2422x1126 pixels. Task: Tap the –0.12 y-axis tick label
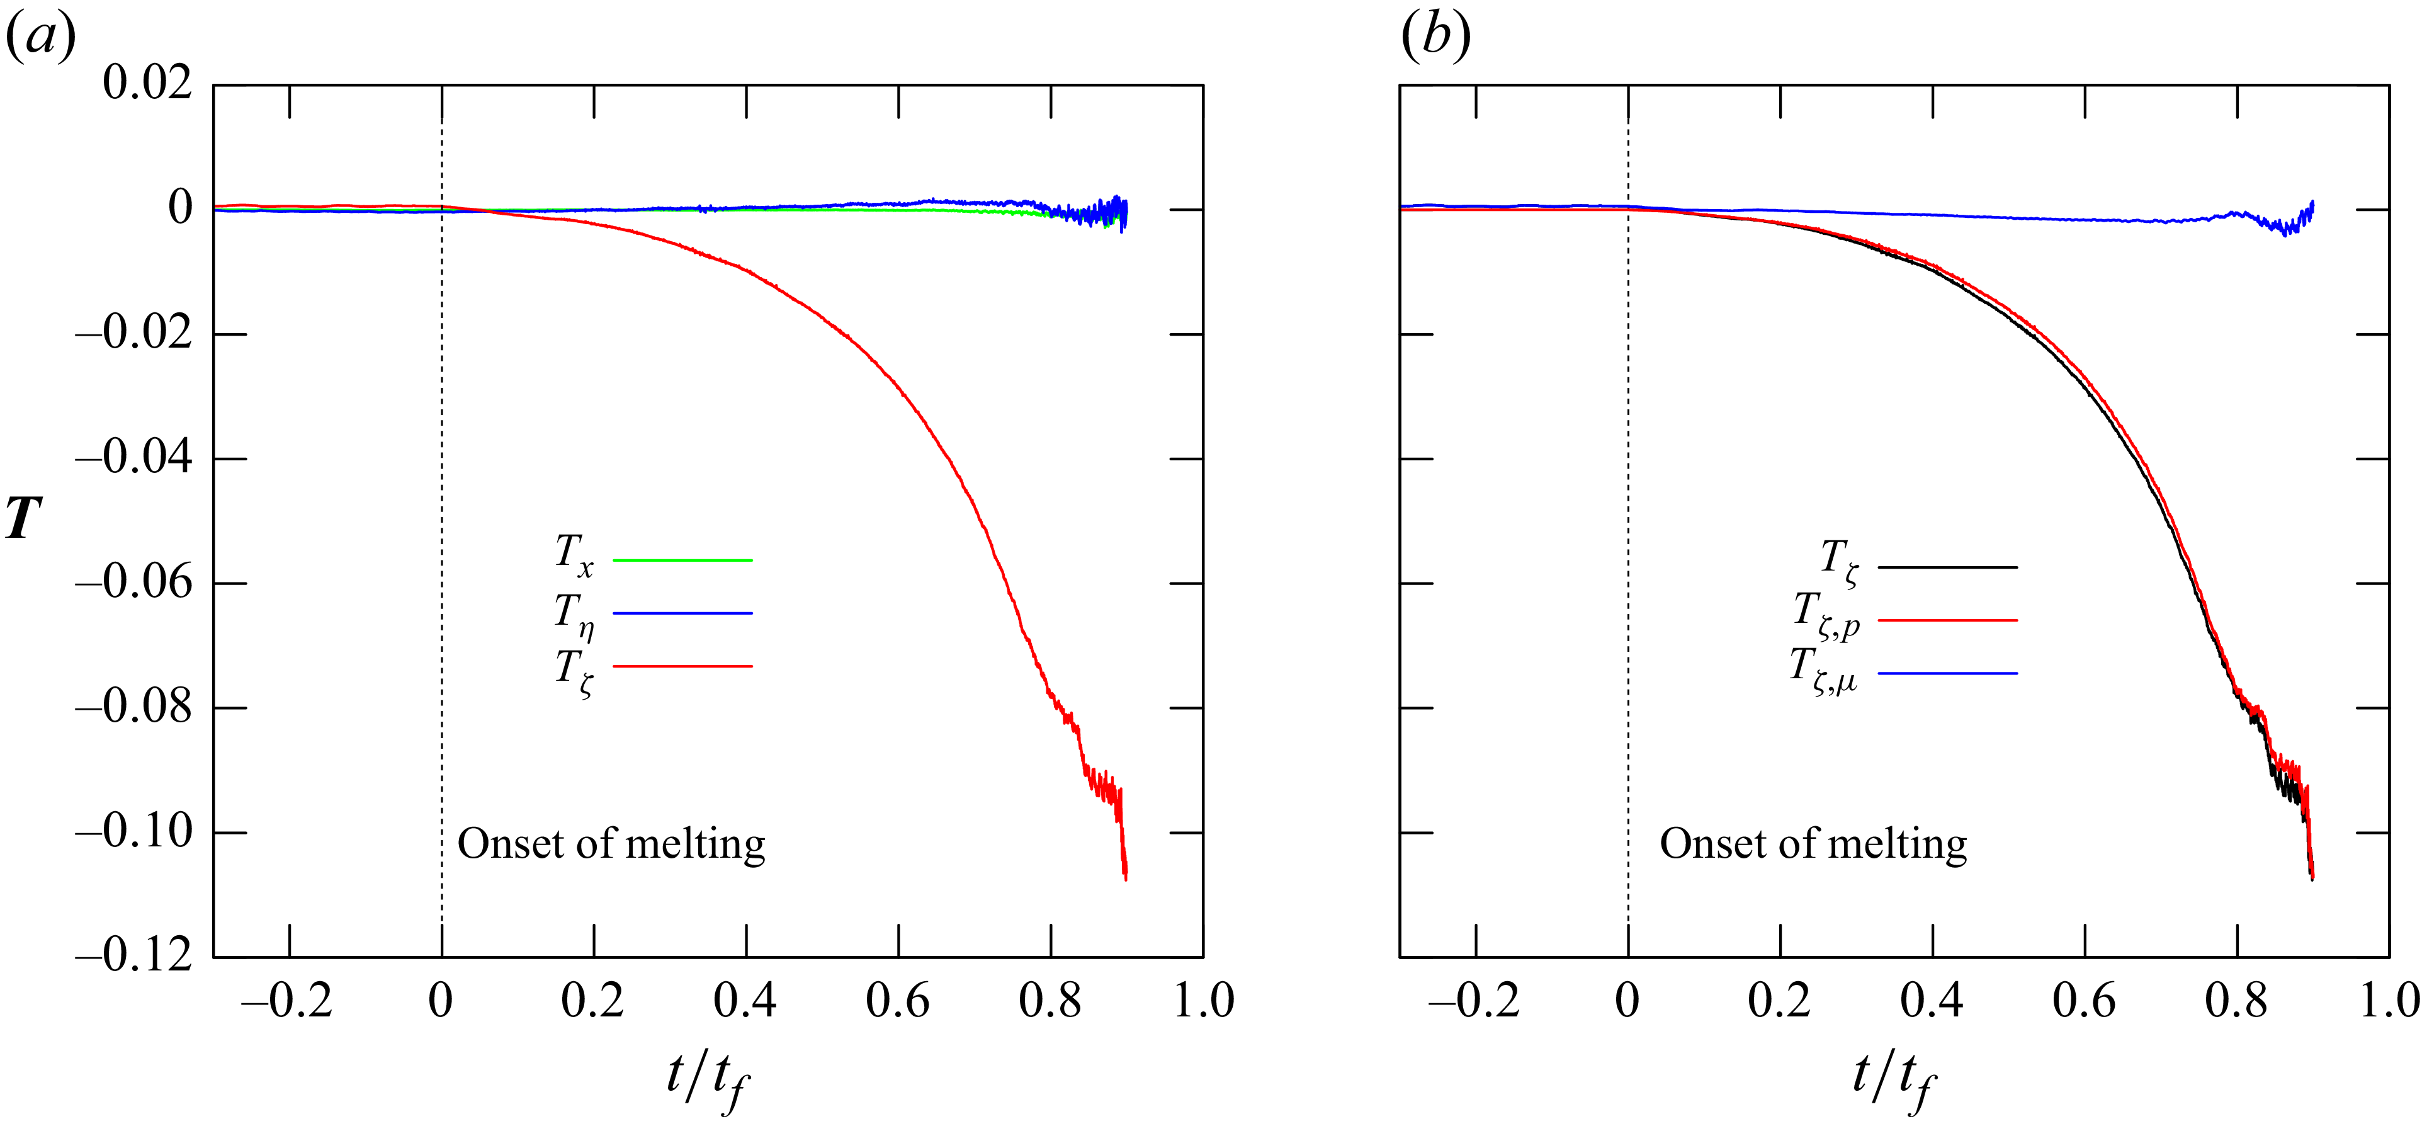[x=133, y=956]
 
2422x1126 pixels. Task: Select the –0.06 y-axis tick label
[x=133, y=583]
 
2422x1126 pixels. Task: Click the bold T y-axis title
[x=23, y=518]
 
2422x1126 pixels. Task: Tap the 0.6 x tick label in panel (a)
[x=897, y=1001]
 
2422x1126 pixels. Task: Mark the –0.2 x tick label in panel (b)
[x=1473, y=1001]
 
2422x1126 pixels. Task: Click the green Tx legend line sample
[x=682, y=560]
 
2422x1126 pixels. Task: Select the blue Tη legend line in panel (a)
[x=682, y=613]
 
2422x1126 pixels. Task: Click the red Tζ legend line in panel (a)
[x=682, y=666]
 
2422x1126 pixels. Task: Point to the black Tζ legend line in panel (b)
[x=1947, y=567]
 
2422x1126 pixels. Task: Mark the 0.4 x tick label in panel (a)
[x=745, y=1001]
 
